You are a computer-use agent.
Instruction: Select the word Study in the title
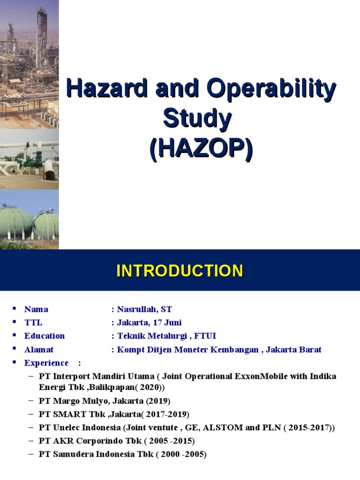coord(197,119)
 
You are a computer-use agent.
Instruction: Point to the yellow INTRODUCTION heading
coord(180,271)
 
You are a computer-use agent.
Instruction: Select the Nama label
coord(36,309)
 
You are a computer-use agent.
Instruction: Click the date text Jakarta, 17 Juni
coord(149,322)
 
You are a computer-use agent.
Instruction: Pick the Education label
coord(45,336)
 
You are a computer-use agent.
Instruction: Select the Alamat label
coord(39,349)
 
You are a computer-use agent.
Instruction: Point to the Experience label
coord(46,363)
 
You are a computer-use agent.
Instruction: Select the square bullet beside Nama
coord(14,308)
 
